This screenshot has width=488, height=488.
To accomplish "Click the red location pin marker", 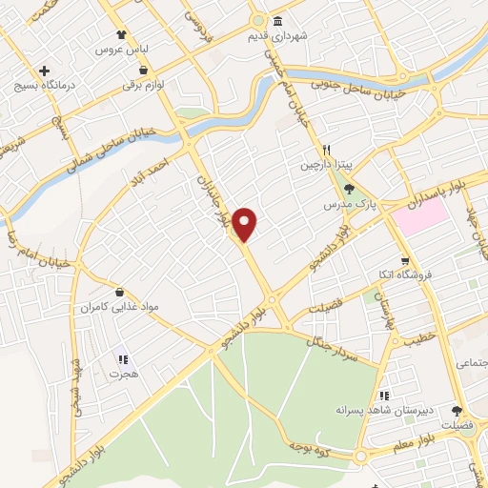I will [246, 223].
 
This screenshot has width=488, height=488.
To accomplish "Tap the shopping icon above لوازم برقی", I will [143, 70].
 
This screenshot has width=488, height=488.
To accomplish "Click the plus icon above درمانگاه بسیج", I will [44, 71].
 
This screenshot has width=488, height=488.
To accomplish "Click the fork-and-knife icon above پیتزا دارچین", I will [326, 150].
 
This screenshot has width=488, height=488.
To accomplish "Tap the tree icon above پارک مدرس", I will [349, 189].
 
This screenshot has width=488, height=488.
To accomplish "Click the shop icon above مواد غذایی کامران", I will [119, 293].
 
